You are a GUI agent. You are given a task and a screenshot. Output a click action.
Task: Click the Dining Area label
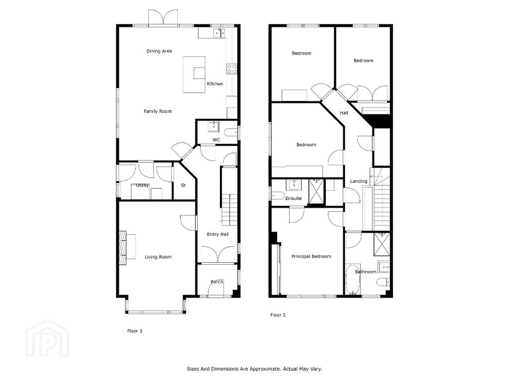tap(159, 51)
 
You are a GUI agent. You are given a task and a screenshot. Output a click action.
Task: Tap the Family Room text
tap(158, 111)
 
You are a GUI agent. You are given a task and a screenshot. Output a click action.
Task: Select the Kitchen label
tap(215, 84)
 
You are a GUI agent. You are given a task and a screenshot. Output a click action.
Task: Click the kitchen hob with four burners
tap(232, 69)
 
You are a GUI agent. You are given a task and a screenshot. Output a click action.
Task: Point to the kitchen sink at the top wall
tap(219, 33)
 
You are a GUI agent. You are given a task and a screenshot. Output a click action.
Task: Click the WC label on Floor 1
tap(216, 140)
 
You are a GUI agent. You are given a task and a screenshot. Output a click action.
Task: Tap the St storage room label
tap(184, 186)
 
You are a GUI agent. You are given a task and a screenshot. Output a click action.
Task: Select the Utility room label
tap(142, 186)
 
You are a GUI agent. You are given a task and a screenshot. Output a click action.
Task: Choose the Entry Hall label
tap(218, 234)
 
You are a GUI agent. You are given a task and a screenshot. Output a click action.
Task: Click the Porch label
tap(217, 282)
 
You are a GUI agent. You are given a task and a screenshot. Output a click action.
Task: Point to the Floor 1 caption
tap(135, 331)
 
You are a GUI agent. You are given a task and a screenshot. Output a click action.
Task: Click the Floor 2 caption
tap(278, 315)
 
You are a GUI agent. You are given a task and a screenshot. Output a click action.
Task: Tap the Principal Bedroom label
tap(311, 256)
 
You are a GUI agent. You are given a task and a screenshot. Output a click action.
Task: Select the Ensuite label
tap(294, 198)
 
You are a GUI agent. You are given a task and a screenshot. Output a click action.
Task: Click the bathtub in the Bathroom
tap(352, 279)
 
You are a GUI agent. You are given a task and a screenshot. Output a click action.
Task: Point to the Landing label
tap(359, 181)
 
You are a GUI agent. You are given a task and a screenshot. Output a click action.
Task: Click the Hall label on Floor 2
tap(344, 113)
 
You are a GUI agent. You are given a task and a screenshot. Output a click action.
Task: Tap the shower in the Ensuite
tap(316, 191)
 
